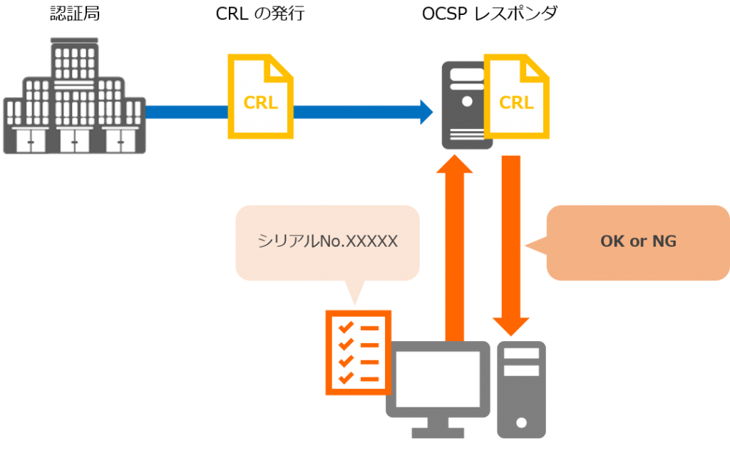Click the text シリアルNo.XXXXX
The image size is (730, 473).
click(x=327, y=242)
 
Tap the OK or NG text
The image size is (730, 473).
click(x=638, y=242)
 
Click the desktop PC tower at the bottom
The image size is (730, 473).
click(x=521, y=390)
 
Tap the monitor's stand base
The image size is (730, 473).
click(x=438, y=432)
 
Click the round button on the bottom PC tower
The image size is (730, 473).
click(x=521, y=423)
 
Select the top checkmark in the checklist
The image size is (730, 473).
click(x=346, y=327)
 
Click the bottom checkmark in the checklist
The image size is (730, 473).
click(x=346, y=377)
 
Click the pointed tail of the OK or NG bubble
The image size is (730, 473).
click(x=531, y=245)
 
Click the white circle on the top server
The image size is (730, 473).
click(x=467, y=101)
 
